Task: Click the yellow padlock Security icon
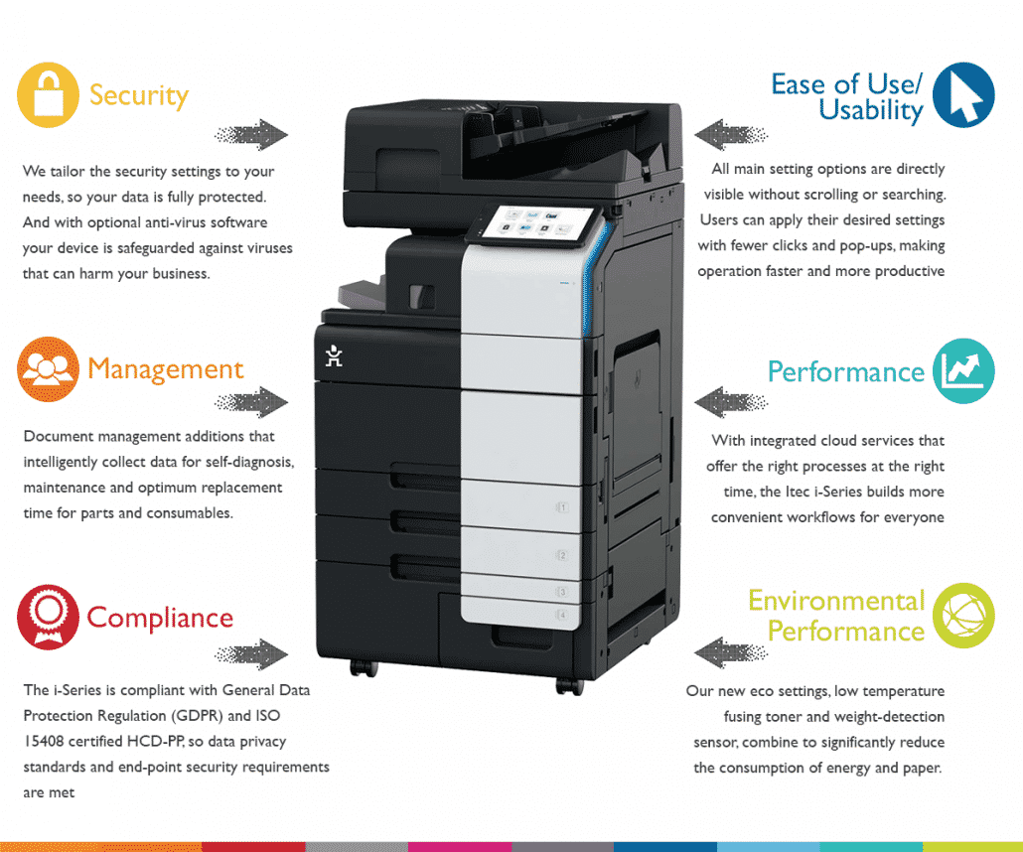click(48, 95)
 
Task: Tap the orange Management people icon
click(48, 369)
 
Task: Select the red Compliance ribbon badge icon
click(48, 617)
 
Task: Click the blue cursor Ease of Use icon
click(963, 95)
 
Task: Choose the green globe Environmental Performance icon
click(963, 617)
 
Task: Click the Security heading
click(139, 95)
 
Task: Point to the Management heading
click(165, 369)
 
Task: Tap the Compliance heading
click(160, 617)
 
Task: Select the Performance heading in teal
click(846, 371)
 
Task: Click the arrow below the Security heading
click(251, 134)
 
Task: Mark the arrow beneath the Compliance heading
click(251, 653)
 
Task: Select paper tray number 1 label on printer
click(561, 507)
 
